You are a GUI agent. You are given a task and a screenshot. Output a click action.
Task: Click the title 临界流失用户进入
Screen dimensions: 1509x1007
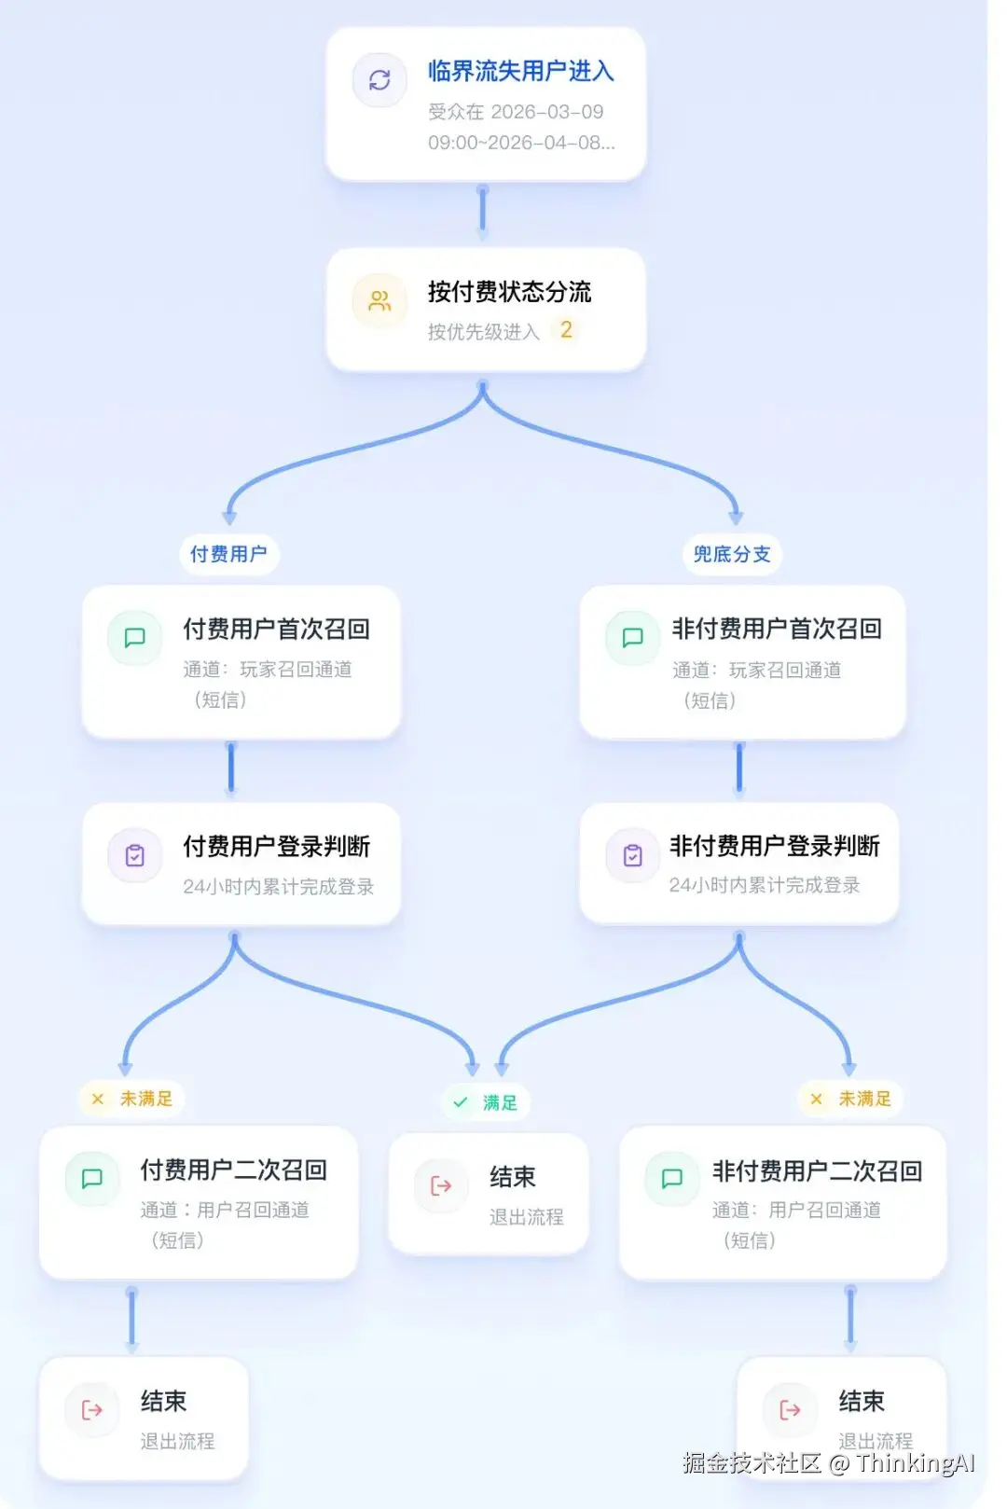click(x=520, y=71)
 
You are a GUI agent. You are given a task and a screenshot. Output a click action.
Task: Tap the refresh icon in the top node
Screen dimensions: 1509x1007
click(x=379, y=80)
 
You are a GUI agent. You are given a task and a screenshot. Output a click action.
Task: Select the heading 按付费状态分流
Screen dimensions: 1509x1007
click(x=509, y=292)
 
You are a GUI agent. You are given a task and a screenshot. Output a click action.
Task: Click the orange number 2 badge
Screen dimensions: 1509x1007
click(x=566, y=330)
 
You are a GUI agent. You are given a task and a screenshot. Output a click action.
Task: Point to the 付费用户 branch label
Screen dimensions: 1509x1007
click(x=228, y=554)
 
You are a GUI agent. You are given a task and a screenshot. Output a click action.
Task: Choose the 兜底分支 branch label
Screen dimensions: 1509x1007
click(x=732, y=554)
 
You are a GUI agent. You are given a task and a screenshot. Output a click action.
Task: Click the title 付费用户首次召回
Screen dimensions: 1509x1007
click(x=276, y=630)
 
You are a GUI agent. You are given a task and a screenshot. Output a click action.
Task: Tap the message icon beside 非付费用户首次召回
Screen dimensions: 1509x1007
click(x=633, y=638)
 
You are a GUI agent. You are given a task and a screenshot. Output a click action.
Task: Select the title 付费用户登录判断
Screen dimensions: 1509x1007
click(x=276, y=847)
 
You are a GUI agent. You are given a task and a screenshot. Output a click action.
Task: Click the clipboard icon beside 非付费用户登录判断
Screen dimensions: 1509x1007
click(x=633, y=855)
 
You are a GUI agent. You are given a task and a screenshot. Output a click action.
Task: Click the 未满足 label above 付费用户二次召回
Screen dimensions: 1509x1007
click(x=133, y=1099)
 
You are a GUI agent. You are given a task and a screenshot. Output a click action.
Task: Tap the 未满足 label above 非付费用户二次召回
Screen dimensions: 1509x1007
click(x=852, y=1099)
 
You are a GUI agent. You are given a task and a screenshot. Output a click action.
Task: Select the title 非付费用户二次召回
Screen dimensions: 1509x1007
click(x=817, y=1171)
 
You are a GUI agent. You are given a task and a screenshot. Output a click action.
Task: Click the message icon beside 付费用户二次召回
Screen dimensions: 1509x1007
click(x=92, y=1179)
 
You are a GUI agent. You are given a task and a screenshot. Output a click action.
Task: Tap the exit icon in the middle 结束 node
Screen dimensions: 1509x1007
click(x=441, y=1185)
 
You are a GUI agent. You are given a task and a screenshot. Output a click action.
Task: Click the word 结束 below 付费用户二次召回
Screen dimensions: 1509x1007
click(x=164, y=1401)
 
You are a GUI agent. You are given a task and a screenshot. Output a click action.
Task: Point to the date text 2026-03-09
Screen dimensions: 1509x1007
click(x=547, y=112)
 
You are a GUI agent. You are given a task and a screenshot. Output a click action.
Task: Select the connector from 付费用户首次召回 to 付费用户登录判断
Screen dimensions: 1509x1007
click(x=231, y=769)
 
